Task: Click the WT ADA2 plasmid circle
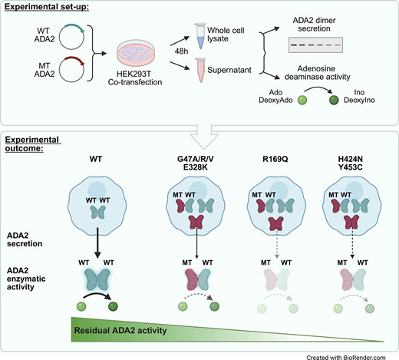tap(59, 38)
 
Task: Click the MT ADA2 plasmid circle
tap(59, 69)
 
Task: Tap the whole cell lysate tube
tap(200, 36)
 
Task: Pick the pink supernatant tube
tap(200, 70)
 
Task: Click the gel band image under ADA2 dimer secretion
tap(315, 45)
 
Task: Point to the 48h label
tap(181, 51)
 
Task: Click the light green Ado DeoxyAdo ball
tap(302, 100)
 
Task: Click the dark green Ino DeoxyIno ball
tap(334, 100)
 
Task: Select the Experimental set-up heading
tap(47, 7)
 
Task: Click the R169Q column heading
tap(275, 159)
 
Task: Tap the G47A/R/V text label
tap(196, 159)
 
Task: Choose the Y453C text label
tap(351, 167)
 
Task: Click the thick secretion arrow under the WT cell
tap(97, 243)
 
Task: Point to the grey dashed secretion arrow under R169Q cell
tap(277, 245)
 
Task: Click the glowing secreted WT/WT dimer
tap(97, 279)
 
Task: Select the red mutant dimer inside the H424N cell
tap(352, 222)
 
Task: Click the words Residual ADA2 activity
tap(120, 330)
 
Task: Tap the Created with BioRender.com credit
tap(346, 357)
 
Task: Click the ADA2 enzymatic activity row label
tap(26, 279)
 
